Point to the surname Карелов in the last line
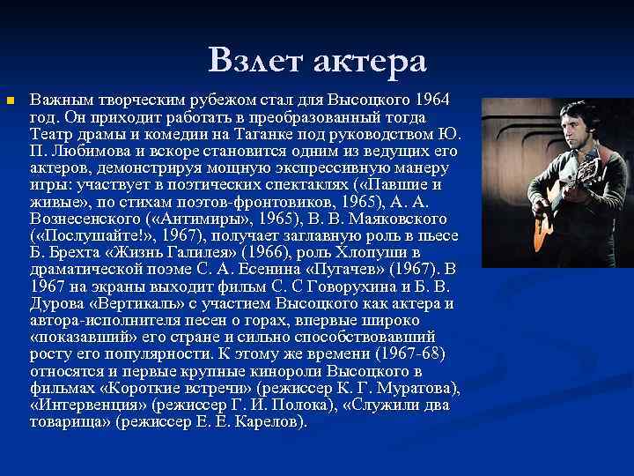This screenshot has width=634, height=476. click(x=270, y=421)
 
